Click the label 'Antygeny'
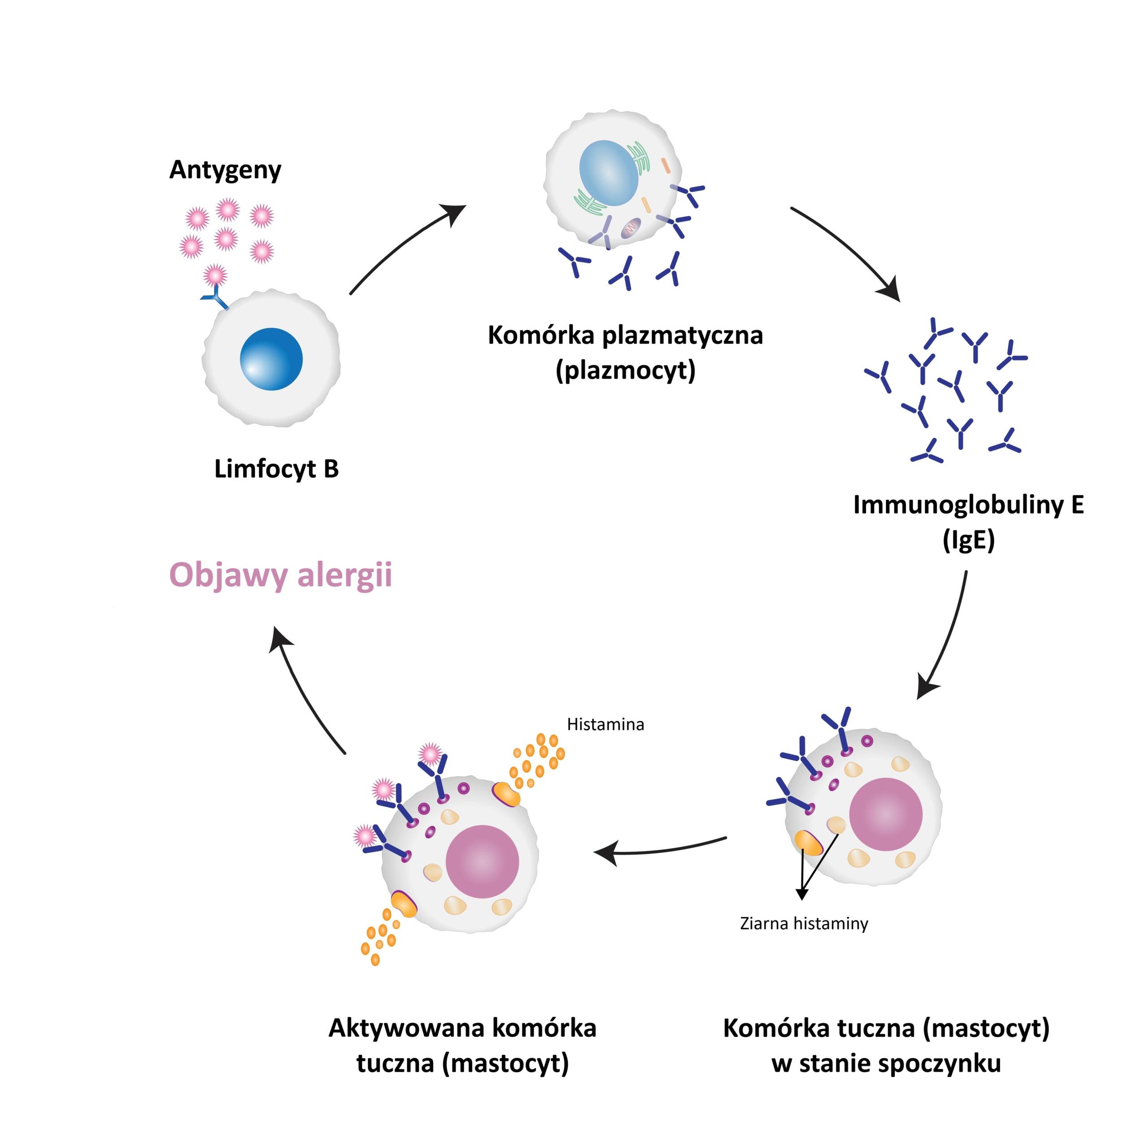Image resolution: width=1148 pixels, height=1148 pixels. coord(225,170)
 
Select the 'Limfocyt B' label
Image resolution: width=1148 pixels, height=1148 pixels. coord(276,469)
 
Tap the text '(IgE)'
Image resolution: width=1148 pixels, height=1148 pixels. coord(969,540)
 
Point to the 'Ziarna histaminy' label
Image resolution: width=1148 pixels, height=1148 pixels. coord(804,923)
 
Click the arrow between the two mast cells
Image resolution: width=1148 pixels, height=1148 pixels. coord(660,850)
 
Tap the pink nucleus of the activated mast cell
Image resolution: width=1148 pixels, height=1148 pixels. coord(482,861)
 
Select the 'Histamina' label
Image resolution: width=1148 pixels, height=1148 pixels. coord(605,724)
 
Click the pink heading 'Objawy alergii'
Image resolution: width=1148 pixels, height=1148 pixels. coord(280,575)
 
